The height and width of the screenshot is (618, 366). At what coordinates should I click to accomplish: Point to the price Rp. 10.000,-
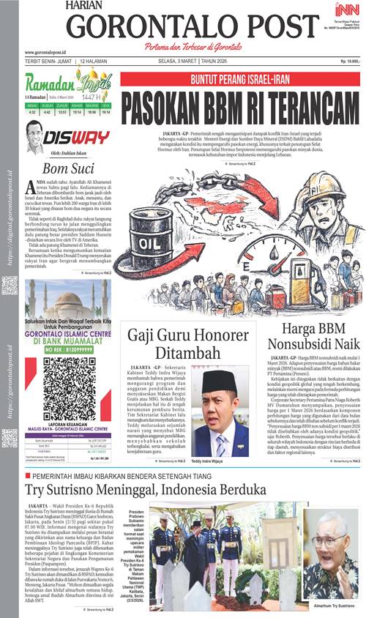[x=346, y=61]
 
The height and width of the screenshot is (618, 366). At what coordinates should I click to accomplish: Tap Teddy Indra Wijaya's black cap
[x=220, y=381]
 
